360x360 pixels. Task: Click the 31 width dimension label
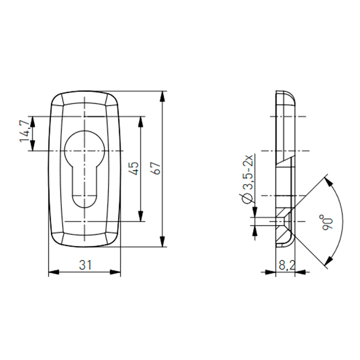(85, 265)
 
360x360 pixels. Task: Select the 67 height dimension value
(157, 169)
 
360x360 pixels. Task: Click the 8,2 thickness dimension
(287, 265)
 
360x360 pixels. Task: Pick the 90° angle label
(327, 222)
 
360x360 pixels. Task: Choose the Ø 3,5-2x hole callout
(247, 179)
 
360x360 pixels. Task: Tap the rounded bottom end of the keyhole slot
(85, 202)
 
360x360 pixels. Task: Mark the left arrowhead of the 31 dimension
(53, 272)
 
